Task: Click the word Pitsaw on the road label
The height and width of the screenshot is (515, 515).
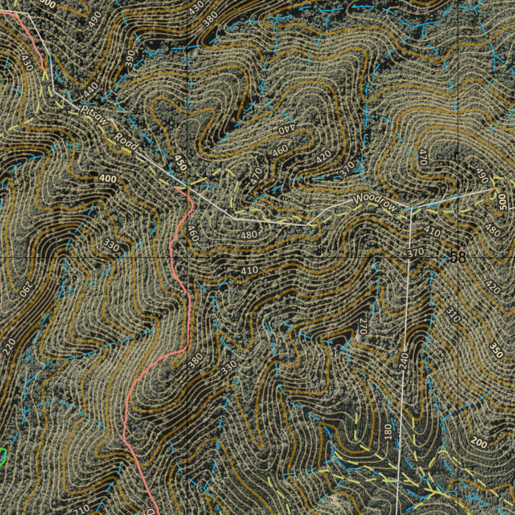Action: click(x=95, y=115)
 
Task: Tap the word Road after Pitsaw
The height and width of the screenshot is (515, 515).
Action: click(x=126, y=141)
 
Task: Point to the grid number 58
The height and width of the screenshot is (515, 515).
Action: click(x=458, y=257)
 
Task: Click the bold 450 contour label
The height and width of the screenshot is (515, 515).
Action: click(x=180, y=163)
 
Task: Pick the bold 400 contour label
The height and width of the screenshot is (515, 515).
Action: click(x=108, y=179)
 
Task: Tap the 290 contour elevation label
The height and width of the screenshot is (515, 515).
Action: click(x=26, y=288)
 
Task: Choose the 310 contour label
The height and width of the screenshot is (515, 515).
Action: click(x=452, y=314)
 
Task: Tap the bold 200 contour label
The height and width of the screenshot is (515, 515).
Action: click(x=480, y=443)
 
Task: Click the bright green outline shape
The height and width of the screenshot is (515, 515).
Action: click(x=2, y=456)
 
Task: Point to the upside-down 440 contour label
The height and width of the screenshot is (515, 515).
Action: click(x=285, y=129)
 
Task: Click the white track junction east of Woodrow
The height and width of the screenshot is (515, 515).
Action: click(x=411, y=207)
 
